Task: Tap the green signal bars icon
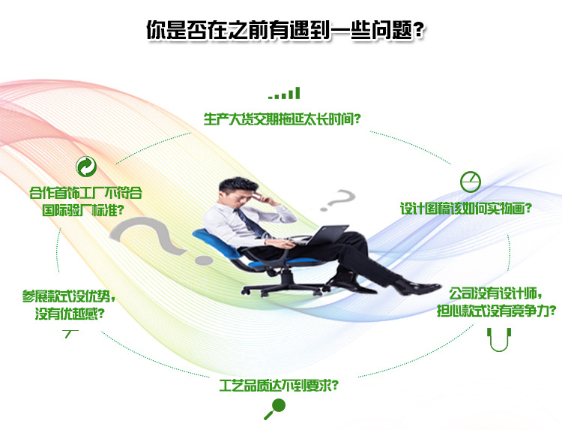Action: pos(284,94)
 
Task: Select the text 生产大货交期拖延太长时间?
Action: pos(283,119)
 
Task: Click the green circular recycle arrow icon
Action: pos(85,166)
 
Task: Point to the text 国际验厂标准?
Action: pos(84,209)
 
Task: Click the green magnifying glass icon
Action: pos(275,408)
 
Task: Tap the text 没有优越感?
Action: pos(69,313)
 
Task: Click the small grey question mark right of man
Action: pos(342,202)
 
